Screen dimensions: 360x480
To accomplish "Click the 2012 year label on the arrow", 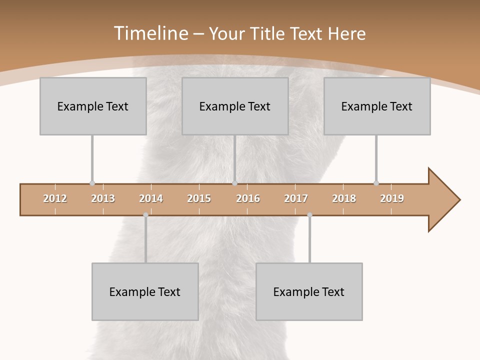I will [x=55, y=198].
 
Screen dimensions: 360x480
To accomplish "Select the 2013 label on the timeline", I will [x=103, y=198].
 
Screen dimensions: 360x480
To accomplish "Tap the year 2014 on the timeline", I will [x=151, y=198].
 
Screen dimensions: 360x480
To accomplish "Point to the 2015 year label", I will [x=199, y=198].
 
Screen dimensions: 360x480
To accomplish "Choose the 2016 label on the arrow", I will [x=248, y=198].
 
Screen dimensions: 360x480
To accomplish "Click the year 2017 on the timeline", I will [x=296, y=198].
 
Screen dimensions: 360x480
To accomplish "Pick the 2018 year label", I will [x=344, y=198].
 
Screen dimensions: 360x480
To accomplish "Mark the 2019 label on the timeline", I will [x=392, y=198].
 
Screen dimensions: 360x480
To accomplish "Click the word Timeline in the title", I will [x=150, y=33].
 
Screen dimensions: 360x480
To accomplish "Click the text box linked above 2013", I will [x=93, y=106].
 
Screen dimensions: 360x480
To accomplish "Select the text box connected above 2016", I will [x=235, y=106].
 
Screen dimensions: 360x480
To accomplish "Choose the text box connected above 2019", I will [x=377, y=106].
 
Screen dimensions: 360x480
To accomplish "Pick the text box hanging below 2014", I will [x=145, y=291].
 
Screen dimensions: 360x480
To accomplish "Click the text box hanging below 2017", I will [x=309, y=291].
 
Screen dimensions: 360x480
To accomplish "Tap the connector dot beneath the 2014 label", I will [x=145, y=215].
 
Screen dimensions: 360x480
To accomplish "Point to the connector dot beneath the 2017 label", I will [x=309, y=215].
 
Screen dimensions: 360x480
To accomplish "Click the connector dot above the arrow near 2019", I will [x=376, y=183].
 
